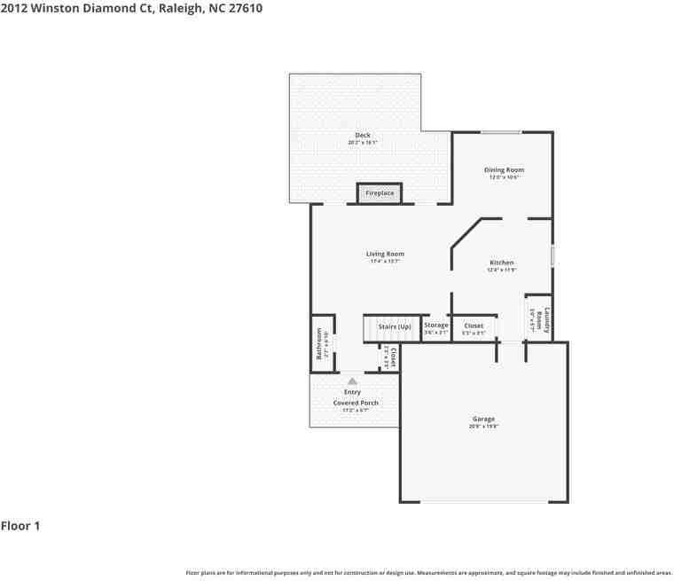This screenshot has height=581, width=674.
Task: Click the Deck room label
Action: pos(363,136)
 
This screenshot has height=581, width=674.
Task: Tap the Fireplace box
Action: pos(380,193)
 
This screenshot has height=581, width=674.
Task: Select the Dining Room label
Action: pos(504,169)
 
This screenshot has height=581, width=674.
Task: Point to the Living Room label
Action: pos(385,255)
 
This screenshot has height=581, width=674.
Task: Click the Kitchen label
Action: pos(502,263)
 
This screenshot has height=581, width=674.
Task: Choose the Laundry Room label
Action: pos(547,319)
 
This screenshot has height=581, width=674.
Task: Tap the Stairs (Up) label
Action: pos(395,326)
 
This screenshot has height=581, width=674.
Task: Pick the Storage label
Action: pos(435,326)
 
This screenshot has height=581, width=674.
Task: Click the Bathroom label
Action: pos(320,343)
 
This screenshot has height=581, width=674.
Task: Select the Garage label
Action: pos(483,419)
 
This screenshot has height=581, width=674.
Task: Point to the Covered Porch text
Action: pos(356,403)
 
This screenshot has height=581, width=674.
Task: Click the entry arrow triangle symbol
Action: pos(352,381)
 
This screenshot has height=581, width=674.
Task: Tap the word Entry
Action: pos(352,392)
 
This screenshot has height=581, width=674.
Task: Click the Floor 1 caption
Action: pos(20,526)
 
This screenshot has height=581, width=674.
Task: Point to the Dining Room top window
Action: pos(501,133)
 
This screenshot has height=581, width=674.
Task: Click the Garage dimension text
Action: pos(483,427)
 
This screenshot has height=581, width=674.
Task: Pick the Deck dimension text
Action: pos(363,143)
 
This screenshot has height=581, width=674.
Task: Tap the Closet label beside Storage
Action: pos(474,326)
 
